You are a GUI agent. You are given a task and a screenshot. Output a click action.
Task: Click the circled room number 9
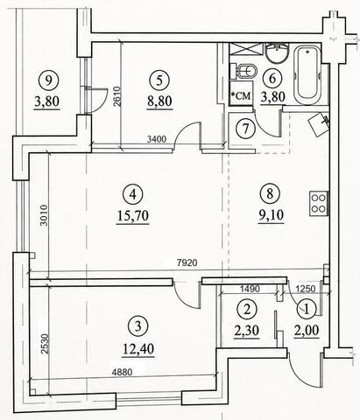48,80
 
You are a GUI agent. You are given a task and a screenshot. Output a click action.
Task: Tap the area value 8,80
159,101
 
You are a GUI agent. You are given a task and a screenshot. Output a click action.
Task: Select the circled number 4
133,194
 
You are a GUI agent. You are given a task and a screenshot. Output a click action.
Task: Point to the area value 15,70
133,216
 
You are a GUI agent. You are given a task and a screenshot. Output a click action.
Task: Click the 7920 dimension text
187,262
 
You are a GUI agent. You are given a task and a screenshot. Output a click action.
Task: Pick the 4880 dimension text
122,372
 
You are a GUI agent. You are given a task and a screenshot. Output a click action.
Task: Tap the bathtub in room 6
307,75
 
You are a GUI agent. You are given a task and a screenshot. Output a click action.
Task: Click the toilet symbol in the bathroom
244,71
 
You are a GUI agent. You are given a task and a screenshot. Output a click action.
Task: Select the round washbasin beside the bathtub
278,53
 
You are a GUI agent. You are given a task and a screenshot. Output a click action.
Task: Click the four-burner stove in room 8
319,203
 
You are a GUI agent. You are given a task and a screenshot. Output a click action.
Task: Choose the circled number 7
245,129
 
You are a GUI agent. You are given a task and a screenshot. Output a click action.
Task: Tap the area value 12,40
138,348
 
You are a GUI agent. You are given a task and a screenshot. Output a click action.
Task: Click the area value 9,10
271,215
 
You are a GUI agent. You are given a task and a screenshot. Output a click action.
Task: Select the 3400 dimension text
157,139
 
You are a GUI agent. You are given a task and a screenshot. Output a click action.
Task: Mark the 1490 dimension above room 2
250,289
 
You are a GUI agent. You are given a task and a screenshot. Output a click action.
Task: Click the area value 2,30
247,331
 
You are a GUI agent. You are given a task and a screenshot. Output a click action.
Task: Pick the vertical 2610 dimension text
116,97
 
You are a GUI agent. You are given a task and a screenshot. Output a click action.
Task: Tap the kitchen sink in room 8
319,124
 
